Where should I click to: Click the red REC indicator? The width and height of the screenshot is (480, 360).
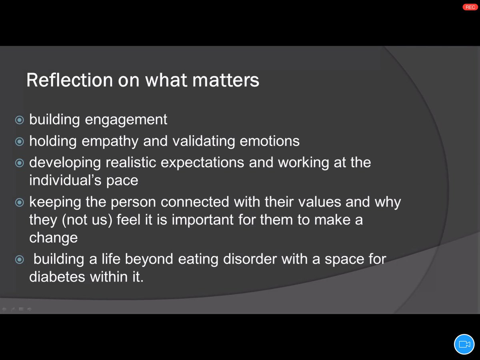point(470,7)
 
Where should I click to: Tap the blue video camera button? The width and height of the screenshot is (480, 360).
point(464,344)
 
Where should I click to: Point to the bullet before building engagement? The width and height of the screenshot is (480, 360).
point(19,120)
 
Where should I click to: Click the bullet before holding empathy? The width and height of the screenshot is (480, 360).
point(19,142)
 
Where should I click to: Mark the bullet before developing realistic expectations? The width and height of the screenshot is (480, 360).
point(19,163)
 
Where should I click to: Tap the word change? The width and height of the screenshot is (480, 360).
point(53,238)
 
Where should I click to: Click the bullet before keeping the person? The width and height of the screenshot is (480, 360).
point(19,202)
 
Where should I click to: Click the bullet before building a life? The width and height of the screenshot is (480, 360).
point(19,260)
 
